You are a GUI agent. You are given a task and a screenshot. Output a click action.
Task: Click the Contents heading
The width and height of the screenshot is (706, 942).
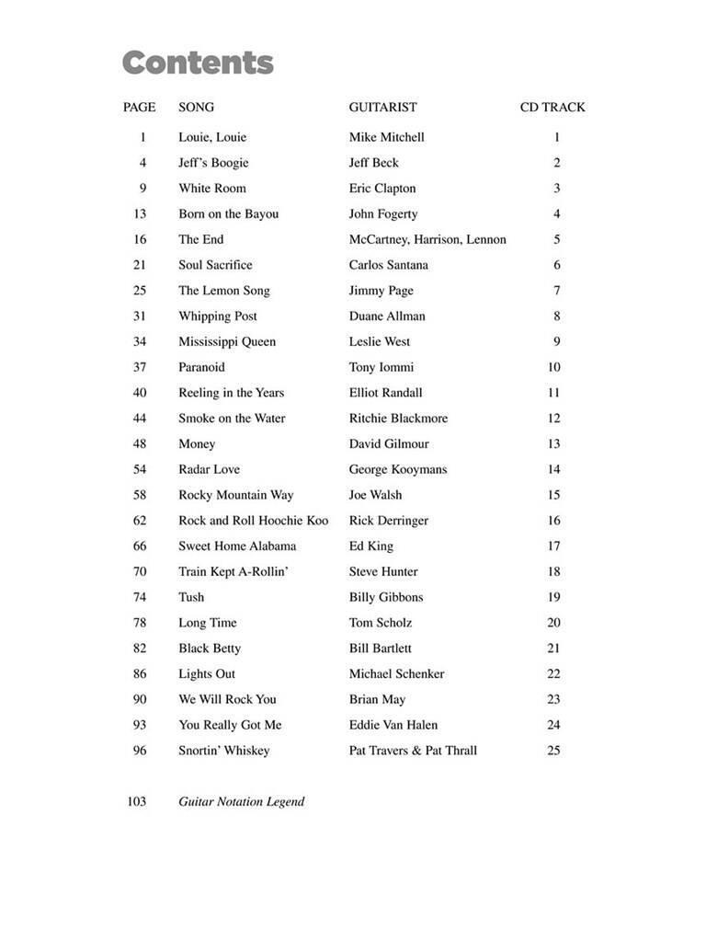coord(198,63)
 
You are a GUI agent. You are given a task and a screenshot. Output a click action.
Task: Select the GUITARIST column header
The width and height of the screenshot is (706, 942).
coord(382,108)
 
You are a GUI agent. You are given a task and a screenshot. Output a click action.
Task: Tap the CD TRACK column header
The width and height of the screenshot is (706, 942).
coord(552,108)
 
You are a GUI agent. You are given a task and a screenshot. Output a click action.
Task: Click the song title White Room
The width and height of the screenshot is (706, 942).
coord(211,189)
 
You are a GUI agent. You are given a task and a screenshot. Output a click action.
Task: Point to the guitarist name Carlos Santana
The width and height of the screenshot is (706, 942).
coord(388,265)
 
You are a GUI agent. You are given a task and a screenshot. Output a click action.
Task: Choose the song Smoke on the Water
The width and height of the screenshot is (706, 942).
coord(232,419)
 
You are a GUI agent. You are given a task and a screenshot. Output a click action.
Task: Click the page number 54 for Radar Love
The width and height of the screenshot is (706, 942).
coord(139,469)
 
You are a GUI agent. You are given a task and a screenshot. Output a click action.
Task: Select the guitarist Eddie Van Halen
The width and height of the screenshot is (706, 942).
coord(393,725)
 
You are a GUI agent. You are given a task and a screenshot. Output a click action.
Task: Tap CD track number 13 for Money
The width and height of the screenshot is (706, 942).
coord(553,444)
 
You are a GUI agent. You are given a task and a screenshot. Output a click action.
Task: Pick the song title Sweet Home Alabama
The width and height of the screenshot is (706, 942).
coord(237,546)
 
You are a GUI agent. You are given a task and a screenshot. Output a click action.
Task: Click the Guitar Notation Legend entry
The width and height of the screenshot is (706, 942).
coord(241,801)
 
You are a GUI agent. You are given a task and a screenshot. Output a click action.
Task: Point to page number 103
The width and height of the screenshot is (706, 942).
coord(136,801)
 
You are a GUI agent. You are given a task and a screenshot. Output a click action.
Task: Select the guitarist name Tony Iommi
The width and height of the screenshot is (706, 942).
coord(381,367)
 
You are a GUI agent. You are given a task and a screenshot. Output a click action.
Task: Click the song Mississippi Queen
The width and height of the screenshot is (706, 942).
coord(227,342)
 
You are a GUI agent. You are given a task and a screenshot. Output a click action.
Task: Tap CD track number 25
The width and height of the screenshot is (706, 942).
coord(553,751)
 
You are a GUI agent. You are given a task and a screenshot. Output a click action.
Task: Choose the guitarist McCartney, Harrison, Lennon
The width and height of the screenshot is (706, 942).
coord(427,240)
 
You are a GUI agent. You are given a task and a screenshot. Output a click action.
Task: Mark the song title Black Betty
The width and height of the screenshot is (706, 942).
coord(210,649)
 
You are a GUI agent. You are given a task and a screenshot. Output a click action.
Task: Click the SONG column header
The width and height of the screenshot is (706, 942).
coord(196,108)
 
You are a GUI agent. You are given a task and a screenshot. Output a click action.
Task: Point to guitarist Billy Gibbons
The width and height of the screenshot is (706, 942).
coord(386,597)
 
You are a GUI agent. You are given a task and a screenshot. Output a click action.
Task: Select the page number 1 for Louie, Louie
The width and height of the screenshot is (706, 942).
coord(143,138)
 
